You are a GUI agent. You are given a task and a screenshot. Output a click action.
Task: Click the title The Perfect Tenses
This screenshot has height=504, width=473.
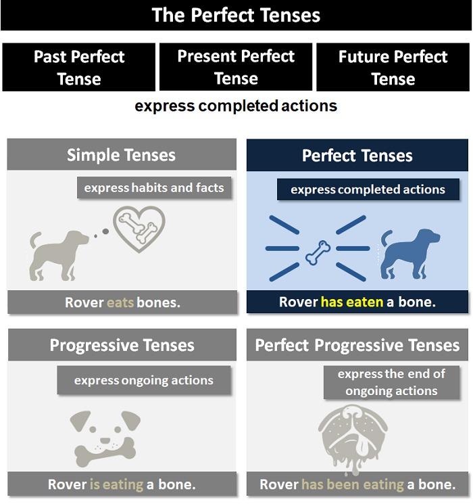(236, 15)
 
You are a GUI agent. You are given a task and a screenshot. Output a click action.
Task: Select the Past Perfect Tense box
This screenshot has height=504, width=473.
(78, 67)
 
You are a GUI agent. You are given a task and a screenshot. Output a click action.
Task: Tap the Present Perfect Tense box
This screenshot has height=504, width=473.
(236, 67)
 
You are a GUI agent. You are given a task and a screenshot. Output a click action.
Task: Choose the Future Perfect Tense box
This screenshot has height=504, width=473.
(393, 67)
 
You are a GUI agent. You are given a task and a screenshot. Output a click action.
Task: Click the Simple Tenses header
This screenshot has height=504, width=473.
(122, 155)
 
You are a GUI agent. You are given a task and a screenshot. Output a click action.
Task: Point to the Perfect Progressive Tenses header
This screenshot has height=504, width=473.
(357, 345)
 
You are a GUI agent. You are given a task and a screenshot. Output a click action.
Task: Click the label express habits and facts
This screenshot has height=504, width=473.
(154, 187)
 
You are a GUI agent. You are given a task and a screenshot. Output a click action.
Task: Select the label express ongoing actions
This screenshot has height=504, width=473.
(144, 380)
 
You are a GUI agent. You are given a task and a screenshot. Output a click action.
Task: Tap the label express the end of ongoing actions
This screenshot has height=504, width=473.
(391, 382)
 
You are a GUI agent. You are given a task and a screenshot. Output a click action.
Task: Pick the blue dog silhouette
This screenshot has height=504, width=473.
(410, 254)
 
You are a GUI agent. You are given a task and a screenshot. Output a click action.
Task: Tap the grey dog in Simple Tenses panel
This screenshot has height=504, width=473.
(59, 256)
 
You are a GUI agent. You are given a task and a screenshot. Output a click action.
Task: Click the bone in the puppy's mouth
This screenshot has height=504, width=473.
(105, 452)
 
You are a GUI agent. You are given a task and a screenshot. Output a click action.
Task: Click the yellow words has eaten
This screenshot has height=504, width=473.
(352, 302)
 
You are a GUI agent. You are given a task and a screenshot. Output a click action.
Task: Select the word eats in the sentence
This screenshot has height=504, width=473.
(120, 302)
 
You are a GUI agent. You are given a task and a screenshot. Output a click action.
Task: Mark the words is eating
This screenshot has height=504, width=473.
(116, 484)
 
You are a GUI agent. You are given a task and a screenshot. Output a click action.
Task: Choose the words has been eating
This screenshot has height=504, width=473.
(353, 484)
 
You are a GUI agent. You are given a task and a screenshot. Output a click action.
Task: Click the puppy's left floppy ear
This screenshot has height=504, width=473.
(79, 420)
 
